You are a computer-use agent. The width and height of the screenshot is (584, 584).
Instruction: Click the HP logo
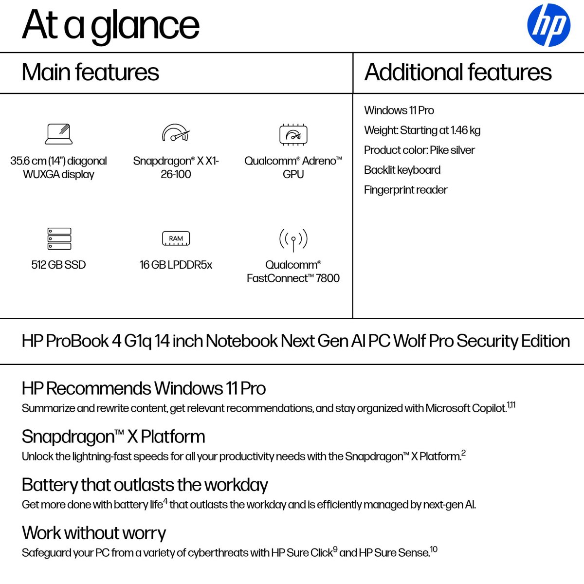548,25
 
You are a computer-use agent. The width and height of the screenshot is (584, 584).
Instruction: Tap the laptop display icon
59,134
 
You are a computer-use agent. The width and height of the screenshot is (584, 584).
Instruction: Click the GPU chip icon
293,135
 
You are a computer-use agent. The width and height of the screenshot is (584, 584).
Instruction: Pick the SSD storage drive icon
59,238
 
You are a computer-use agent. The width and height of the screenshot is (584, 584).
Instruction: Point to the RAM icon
176,238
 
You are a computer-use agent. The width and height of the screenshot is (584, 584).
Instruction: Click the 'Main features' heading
91,72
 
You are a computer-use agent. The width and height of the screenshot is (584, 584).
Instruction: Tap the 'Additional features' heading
457,72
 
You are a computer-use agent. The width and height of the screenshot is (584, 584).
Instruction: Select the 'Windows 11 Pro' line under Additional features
399,110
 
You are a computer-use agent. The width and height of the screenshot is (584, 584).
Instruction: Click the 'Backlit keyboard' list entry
402,170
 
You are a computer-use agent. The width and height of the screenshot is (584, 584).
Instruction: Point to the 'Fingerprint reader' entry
405,190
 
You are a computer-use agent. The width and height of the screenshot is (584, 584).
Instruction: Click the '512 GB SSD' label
58,265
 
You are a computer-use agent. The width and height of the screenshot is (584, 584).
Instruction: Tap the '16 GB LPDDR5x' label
176,265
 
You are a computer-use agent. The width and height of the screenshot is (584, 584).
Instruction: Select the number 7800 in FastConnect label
328,278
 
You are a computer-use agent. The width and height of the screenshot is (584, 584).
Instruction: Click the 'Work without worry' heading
94,533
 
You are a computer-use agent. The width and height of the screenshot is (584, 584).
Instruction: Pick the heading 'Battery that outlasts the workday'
145,485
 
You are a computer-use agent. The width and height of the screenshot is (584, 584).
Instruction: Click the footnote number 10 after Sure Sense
434,549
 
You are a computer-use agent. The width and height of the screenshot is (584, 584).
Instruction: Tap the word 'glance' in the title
145,26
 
